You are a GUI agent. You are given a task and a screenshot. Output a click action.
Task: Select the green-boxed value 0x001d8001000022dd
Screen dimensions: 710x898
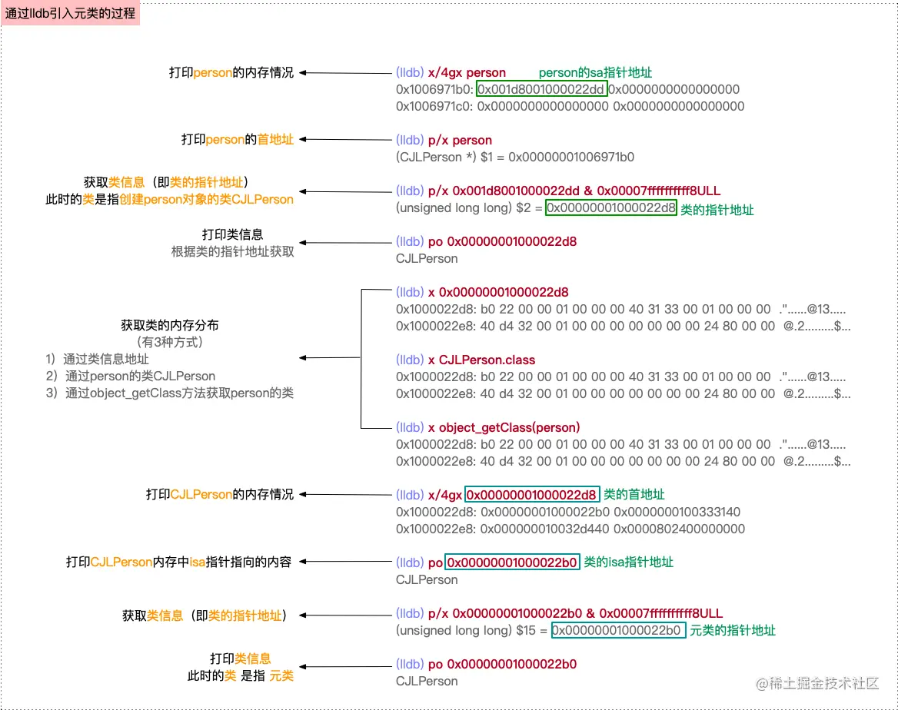tap(542, 89)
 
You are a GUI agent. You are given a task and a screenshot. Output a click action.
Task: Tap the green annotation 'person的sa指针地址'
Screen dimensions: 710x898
tap(595, 72)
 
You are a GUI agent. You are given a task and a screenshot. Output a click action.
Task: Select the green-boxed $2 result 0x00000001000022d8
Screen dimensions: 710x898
tap(611, 207)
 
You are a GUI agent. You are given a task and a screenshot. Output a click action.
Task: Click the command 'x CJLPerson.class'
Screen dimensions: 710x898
tap(487, 360)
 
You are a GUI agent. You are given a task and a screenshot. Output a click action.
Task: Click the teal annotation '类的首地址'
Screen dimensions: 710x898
tap(634, 495)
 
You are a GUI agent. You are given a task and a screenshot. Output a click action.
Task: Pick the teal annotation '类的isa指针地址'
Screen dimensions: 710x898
tap(629, 562)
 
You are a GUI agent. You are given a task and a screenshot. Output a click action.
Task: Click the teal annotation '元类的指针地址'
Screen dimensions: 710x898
tap(732, 630)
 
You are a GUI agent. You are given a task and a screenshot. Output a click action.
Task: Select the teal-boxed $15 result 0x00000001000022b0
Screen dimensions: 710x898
tap(617, 630)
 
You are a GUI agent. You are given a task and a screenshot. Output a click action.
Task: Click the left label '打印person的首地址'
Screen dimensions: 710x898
tap(238, 140)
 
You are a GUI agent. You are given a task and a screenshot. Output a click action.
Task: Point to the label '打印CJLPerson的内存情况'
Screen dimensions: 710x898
tap(220, 495)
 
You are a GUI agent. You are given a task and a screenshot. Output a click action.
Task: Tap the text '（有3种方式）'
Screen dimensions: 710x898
tap(170, 341)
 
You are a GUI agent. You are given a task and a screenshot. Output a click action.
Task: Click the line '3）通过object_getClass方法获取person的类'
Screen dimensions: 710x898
tap(169, 393)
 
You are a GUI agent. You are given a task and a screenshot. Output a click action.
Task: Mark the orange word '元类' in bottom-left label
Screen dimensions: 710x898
tap(281, 675)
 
